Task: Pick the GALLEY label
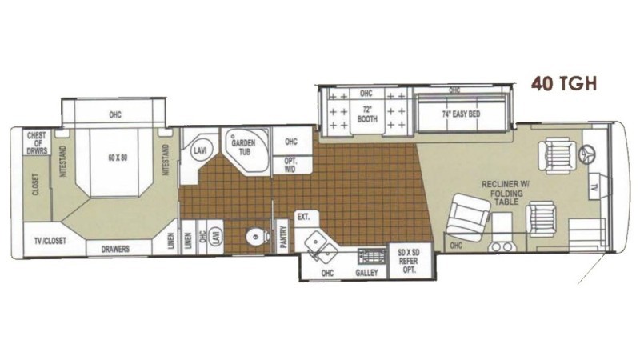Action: [x=366, y=273]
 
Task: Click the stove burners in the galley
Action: [x=369, y=255]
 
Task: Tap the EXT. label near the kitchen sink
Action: [x=302, y=217]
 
